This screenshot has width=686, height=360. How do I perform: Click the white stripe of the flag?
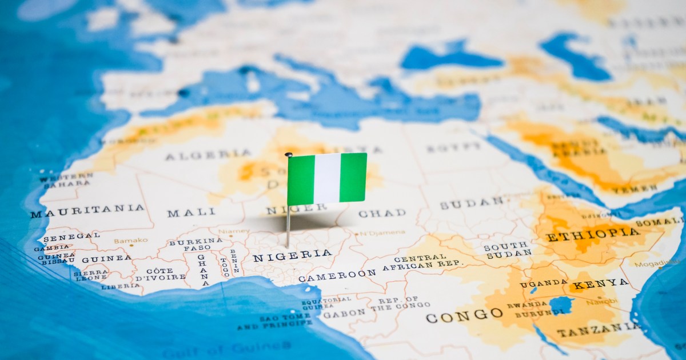tap(327, 178)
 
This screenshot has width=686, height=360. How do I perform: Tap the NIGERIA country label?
tap(292, 255)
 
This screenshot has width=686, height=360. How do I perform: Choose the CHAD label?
tap(382, 213)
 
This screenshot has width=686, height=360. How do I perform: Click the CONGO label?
tap(464, 315)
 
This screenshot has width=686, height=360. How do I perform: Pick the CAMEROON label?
tap(337, 275)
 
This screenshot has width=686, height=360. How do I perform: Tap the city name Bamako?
tap(130, 241)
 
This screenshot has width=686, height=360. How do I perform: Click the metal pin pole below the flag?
tap(288, 226)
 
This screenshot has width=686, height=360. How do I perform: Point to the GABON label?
tap(344, 313)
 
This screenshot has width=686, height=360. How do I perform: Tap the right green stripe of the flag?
tap(353, 177)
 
